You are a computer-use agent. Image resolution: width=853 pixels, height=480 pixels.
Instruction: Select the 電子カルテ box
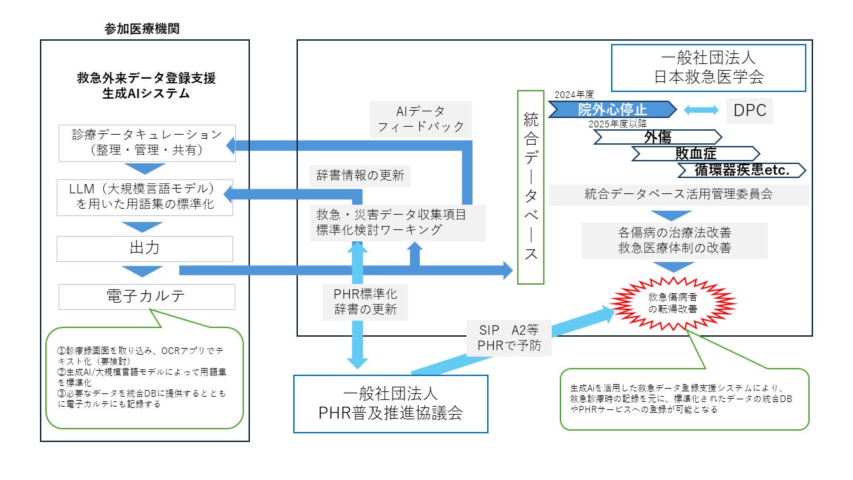[147, 297]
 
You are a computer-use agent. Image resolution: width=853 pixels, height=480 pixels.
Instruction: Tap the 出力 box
[145, 249]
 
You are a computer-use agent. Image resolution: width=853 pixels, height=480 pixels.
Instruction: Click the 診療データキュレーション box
[147, 143]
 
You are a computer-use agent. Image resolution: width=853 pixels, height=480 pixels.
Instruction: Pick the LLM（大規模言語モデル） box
[145, 197]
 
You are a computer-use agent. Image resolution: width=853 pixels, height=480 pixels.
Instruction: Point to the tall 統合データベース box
[531, 187]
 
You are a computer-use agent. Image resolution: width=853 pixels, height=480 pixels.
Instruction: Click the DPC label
[750, 111]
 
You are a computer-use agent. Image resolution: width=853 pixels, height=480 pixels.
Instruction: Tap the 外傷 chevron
[656, 137]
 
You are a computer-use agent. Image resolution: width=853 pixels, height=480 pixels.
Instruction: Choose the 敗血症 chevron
[695, 153]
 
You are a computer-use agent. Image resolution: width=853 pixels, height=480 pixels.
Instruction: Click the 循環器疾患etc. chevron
[742, 170]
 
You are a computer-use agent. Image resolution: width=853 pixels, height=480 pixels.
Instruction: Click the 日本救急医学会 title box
[708, 67]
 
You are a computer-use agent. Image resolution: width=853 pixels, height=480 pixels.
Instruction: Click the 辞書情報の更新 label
[359, 177]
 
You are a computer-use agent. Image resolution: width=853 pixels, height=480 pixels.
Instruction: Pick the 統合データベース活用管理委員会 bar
[679, 195]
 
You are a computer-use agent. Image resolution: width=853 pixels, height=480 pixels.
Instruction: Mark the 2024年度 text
[573, 95]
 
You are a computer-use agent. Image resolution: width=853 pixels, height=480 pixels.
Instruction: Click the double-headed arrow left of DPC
[700, 111]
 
